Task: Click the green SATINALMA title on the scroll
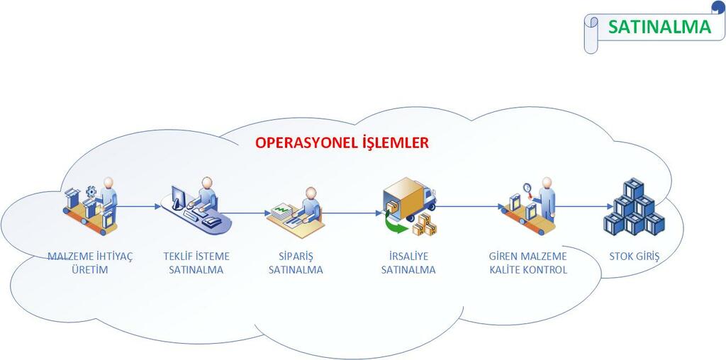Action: point(659,27)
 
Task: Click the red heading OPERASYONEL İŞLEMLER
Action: point(342,142)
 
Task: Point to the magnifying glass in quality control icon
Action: point(527,189)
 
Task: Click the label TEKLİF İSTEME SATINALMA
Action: point(196,263)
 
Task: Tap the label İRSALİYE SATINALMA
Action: point(408,263)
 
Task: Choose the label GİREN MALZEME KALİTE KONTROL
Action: point(528,263)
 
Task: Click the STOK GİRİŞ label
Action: point(635,256)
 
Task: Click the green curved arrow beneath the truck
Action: point(396,225)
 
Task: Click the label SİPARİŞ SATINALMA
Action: point(296,263)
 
